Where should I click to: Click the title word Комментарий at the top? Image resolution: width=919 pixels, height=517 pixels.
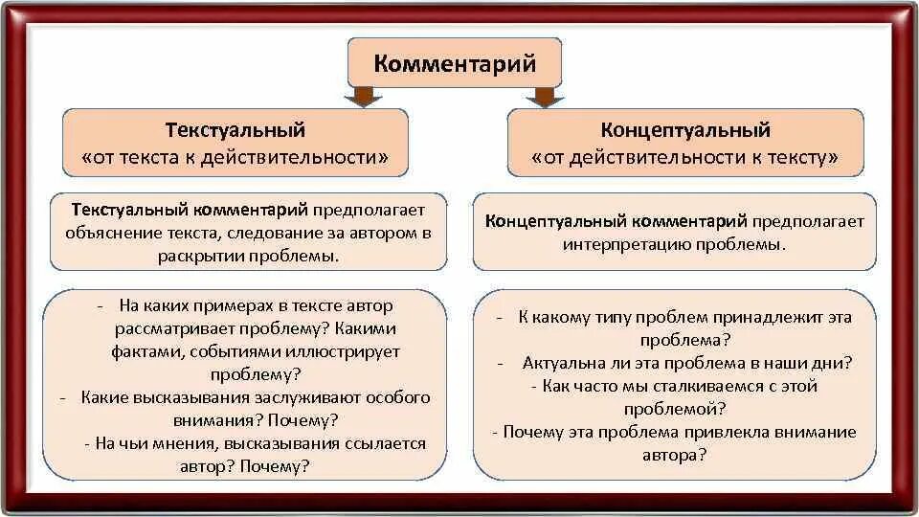point(454,64)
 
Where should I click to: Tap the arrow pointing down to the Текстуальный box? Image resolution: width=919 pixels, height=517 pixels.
point(363,97)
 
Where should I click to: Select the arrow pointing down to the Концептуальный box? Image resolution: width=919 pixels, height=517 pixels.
point(544,97)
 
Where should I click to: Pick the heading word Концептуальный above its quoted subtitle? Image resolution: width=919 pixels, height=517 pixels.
point(684,130)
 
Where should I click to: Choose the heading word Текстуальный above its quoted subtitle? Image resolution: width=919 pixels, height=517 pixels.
point(235,129)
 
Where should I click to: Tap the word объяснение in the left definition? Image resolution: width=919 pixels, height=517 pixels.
point(108,233)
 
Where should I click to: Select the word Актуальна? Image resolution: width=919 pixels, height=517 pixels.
point(562,363)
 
